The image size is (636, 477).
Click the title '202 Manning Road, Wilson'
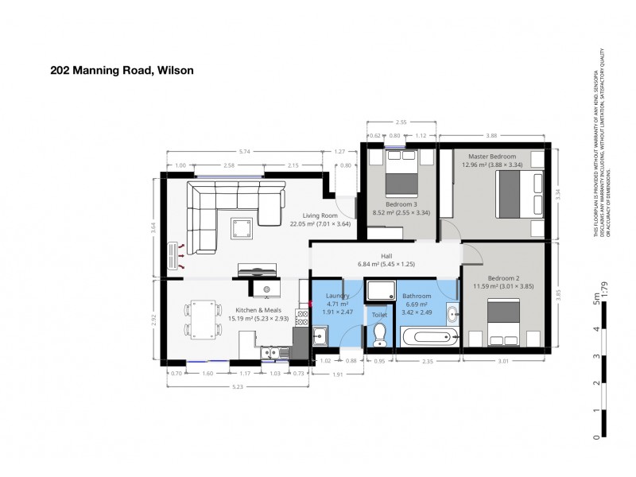122,70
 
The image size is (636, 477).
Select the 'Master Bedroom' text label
491,157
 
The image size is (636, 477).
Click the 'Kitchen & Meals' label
257,310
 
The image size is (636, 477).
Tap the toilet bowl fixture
379,335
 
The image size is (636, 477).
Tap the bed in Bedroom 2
503,322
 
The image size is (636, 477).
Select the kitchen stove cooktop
302,317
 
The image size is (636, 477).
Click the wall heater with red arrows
173,256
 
